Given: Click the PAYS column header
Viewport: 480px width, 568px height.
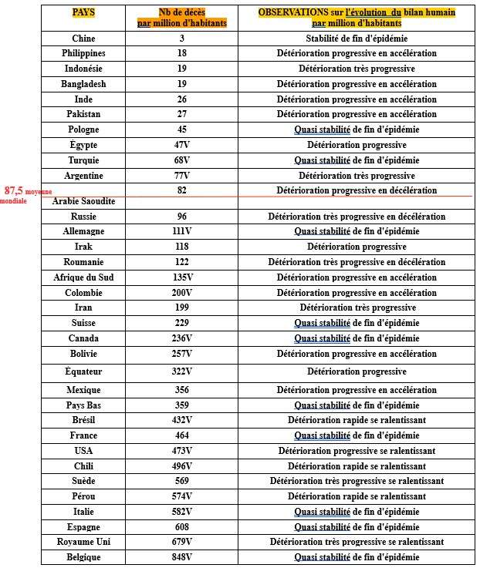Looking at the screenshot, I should tap(83, 13).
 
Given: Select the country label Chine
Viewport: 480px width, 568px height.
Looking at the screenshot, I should tap(84, 39).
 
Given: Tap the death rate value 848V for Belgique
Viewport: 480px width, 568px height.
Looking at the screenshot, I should tap(181, 557).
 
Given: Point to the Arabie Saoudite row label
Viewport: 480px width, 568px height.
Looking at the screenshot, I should tap(84, 201).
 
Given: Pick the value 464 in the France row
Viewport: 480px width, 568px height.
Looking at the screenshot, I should tap(181, 435).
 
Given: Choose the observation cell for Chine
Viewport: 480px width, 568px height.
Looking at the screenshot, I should tap(356, 39).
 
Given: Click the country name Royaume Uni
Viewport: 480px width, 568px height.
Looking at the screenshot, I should tap(84, 542).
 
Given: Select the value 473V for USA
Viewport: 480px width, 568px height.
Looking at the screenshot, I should tap(181, 451).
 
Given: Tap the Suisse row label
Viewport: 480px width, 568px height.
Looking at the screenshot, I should tap(84, 323).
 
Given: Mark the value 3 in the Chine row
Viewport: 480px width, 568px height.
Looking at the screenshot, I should tap(181, 39).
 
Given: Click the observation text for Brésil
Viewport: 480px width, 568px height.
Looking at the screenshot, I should tap(356, 420).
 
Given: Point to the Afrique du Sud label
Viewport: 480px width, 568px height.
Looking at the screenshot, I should tap(84, 277).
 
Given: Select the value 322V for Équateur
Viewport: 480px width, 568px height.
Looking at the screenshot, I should tap(181, 371).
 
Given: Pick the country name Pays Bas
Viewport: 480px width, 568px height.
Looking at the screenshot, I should tap(84, 405).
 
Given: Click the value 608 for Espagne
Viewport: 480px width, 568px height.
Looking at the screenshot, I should tap(181, 527).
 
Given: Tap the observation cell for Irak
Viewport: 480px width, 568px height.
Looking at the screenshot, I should tap(356, 247).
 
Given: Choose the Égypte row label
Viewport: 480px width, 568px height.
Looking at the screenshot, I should tap(84, 145).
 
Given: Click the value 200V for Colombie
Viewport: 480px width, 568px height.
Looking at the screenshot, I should tap(181, 293).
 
